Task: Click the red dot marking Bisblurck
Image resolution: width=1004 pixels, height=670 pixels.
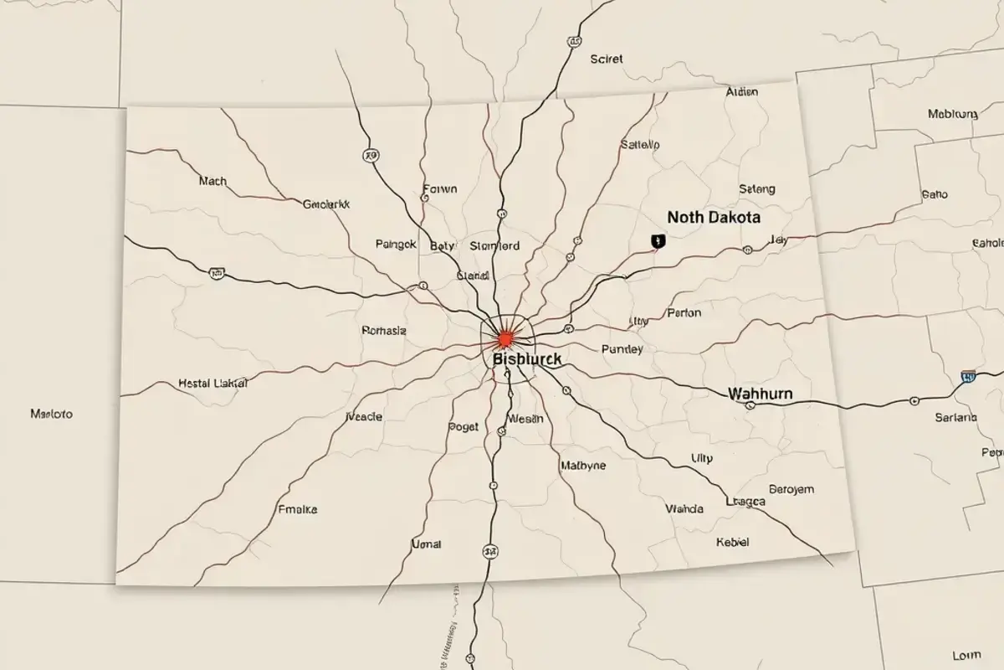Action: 505,338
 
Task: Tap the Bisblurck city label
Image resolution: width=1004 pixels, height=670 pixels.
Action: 527,358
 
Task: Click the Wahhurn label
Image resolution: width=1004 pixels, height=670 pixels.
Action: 761,393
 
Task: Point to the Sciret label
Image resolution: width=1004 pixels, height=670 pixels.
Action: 607,59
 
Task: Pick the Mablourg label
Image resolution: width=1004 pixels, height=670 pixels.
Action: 953,114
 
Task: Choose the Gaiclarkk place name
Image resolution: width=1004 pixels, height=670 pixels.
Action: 326,204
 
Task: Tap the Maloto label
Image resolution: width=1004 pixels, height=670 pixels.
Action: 51,414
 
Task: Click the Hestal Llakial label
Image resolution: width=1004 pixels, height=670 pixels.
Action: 213,383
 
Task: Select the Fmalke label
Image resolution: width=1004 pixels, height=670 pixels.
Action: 297,508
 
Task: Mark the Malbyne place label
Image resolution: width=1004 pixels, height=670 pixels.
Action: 583,466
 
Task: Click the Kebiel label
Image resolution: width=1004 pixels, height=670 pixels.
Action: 733,542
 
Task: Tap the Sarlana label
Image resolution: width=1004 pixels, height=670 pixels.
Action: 955,417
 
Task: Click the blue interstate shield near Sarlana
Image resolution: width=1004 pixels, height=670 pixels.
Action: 968,377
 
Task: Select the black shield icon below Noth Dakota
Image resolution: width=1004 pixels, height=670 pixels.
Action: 657,241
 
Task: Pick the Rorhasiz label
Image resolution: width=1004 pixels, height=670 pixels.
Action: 384,330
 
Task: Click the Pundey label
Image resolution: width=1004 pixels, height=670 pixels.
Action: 622,349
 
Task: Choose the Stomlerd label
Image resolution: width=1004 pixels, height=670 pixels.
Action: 494,246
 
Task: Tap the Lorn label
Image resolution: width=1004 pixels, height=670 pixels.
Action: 966,655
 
